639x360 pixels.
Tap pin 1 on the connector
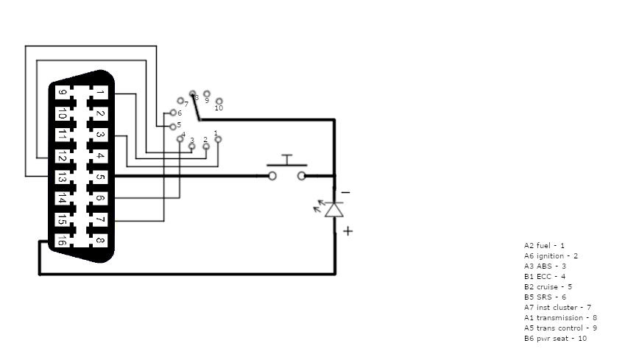coord(101,93)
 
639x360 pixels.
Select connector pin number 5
coord(101,177)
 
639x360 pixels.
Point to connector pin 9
coord(63,93)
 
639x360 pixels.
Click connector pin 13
coord(63,177)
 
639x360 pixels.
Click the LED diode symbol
coord(334,209)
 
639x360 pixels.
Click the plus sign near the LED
coord(347,231)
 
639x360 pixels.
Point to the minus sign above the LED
coord(346,193)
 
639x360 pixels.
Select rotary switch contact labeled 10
coord(219,101)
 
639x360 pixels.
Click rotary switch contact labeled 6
coord(172,113)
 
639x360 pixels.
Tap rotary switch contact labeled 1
coord(218,138)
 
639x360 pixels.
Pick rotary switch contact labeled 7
coord(180,100)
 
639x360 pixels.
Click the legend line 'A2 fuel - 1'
coord(544,246)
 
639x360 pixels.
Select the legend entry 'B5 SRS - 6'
coord(546,297)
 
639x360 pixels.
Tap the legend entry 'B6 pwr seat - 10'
coord(555,339)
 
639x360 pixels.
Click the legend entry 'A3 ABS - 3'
coord(545,267)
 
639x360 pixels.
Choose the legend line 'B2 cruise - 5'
coord(548,287)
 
